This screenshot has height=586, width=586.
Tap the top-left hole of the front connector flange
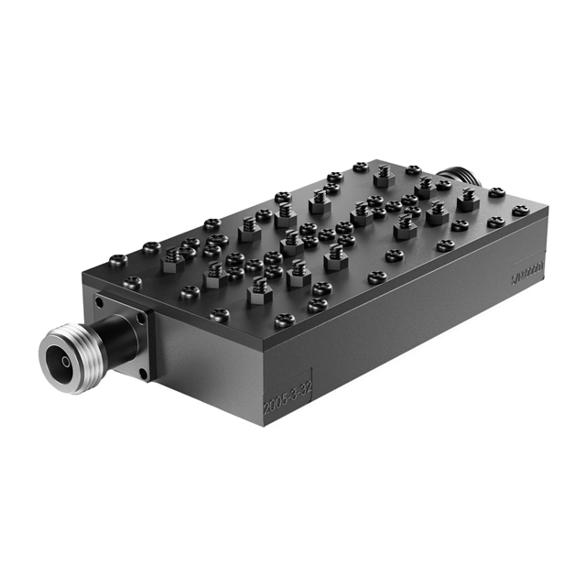click(98, 301)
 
